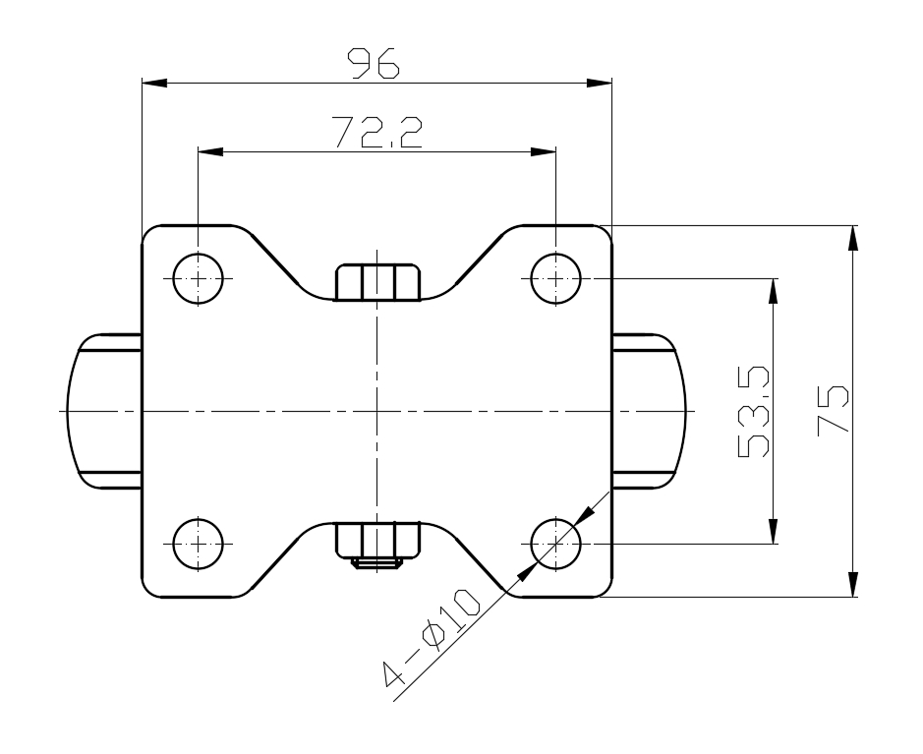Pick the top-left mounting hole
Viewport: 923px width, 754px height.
pos(198,279)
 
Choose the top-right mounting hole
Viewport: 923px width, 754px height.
pos(555,279)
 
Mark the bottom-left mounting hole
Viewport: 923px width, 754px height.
pos(198,542)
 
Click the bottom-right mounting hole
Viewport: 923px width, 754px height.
pos(555,542)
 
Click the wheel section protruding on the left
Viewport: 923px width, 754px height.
pos(106,410)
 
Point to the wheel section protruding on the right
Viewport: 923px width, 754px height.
pos(646,410)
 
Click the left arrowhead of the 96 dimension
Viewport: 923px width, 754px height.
pos(154,83)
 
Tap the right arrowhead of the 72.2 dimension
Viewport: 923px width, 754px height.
pos(544,152)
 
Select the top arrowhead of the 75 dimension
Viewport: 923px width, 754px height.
pos(853,237)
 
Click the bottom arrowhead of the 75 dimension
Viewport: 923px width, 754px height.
pos(853,584)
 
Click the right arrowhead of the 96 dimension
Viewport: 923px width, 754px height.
pos(600,83)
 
